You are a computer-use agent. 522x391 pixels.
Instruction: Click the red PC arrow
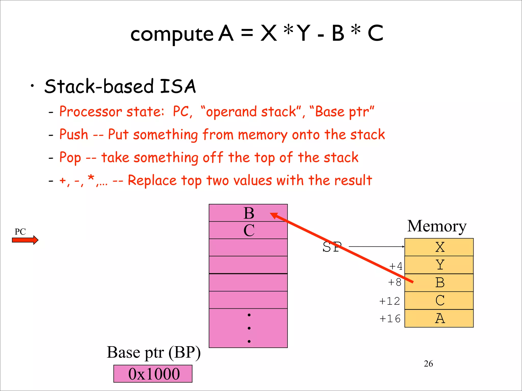(x=25, y=240)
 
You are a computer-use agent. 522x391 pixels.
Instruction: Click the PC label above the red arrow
(x=20, y=232)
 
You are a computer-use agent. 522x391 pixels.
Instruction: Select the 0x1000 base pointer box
(x=153, y=373)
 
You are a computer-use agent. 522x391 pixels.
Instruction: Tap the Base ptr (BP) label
(x=154, y=353)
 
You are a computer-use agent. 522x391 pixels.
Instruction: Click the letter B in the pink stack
(x=249, y=213)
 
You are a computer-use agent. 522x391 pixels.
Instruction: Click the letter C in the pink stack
(x=249, y=230)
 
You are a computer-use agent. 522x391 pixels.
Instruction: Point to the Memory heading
(x=437, y=226)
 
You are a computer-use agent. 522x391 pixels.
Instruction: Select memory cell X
(x=439, y=247)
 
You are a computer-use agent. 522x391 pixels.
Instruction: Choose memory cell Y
(x=439, y=265)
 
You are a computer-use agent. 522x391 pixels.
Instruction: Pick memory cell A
(x=439, y=318)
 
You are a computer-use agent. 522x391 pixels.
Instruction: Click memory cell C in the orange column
(x=439, y=301)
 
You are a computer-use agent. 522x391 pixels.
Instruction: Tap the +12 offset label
(x=390, y=301)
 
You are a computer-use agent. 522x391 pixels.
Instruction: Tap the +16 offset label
(x=390, y=319)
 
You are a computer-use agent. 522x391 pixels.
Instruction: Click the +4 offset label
(x=396, y=266)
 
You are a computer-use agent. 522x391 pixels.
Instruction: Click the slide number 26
(x=428, y=364)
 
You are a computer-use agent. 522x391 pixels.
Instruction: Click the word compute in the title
(x=172, y=34)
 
